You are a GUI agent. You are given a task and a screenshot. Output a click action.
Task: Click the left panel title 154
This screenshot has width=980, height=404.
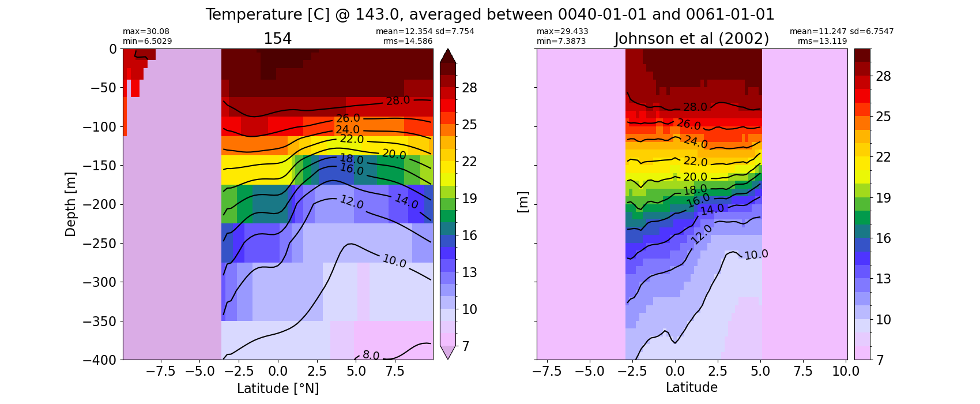(x=277, y=39)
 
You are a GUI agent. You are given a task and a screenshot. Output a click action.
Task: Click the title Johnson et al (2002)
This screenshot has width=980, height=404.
(x=692, y=39)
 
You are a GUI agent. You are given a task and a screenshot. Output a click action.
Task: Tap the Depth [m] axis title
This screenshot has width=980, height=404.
(x=70, y=204)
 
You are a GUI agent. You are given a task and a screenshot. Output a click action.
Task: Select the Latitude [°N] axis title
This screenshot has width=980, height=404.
(x=278, y=388)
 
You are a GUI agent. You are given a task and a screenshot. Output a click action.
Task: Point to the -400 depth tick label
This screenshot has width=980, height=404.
(x=101, y=360)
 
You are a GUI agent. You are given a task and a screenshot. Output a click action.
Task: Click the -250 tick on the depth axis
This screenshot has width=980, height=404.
(x=101, y=243)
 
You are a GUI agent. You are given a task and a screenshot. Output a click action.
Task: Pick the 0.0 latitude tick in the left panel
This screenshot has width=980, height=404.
(x=278, y=371)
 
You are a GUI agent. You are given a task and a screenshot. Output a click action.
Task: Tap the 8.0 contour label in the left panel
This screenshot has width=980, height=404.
(x=371, y=356)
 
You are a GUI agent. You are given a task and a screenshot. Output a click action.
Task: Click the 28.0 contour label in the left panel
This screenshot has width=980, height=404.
(x=398, y=100)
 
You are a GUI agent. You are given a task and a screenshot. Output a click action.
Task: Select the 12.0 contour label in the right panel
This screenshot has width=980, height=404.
(x=702, y=234)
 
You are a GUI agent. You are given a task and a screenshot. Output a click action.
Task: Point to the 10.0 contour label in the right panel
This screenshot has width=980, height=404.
(x=756, y=255)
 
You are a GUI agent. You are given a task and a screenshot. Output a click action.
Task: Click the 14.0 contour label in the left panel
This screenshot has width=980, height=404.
(x=406, y=201)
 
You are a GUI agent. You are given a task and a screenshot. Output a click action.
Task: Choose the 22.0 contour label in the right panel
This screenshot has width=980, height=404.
(x=695, y=162)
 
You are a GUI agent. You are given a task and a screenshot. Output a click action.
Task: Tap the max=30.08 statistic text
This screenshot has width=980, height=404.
(x=146, y=32)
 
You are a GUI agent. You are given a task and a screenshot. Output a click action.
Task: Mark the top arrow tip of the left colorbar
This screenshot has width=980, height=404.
(x=448, y=50)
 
